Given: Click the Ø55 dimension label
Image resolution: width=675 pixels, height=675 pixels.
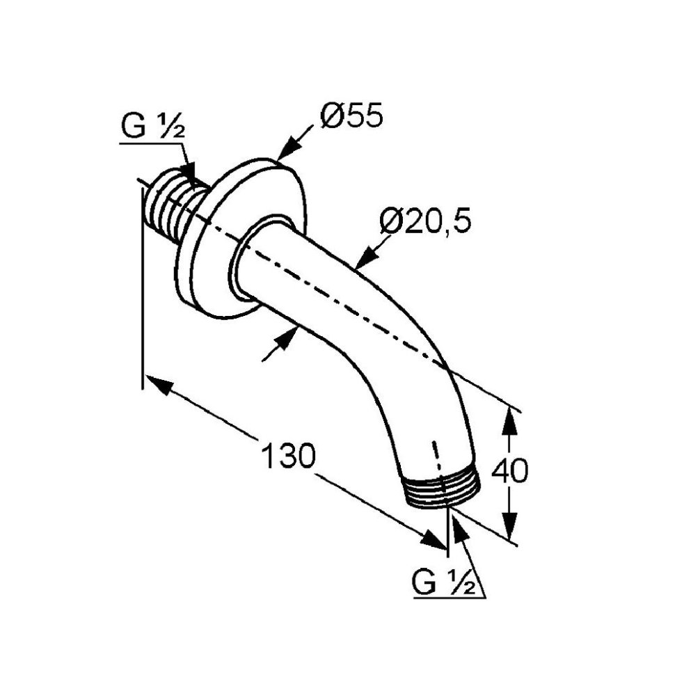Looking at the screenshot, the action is [x=351, y=116].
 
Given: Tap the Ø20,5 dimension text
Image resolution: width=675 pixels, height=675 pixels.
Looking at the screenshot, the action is [x=425, y=221].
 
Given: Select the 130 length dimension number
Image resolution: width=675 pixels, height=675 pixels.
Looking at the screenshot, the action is [x=288, y=456].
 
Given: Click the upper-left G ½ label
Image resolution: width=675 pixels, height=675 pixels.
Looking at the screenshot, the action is [x=153, y=126].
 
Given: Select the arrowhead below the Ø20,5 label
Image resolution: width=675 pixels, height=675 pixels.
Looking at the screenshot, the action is [x=365, y=258].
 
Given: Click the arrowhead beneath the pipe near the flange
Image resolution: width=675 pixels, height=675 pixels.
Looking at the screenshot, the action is [x=287, y=338].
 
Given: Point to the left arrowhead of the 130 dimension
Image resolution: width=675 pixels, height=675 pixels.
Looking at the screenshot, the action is [x=160, y=384].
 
